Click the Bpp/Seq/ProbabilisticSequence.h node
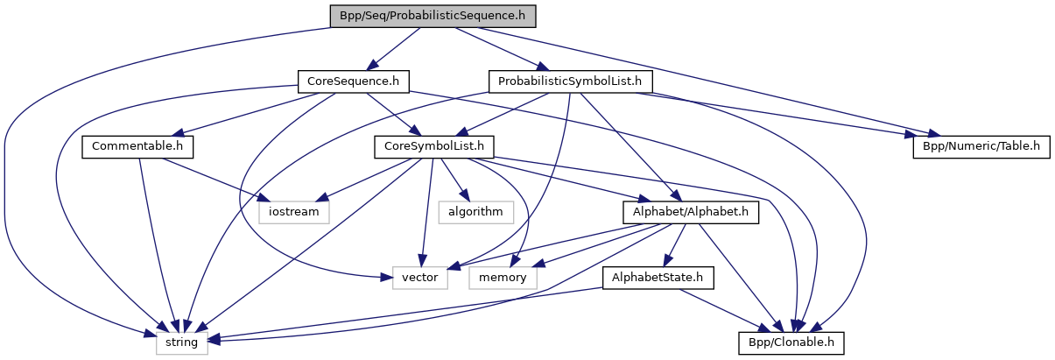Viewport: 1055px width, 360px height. [x=433, y=17]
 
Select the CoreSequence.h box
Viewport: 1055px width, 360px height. [x=353, y=81]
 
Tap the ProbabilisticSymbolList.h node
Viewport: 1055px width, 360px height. [x=570, y=81]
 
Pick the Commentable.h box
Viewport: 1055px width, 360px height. [x=137, y=146]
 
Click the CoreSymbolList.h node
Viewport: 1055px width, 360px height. [x=434, y=146]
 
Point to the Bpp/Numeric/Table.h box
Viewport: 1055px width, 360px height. [x=981, y=146]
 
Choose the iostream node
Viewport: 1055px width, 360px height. [x=294, y=211]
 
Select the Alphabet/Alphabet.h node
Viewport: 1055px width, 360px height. [x=690, y=211]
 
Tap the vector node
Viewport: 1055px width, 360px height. [x=419, y=278]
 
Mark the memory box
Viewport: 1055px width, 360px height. [x=503, y=278]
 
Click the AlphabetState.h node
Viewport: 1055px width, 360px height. [x=658, y=278]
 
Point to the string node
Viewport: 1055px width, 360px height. [x=182, y=342]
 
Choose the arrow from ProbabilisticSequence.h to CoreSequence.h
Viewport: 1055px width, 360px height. [x=393, y=49]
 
